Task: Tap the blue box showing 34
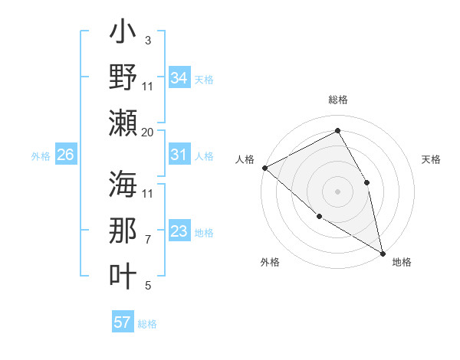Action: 179,77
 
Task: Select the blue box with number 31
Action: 179,155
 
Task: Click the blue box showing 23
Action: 179,232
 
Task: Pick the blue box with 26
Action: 65,155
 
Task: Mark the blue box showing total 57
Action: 123,322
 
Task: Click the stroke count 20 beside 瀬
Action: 148,132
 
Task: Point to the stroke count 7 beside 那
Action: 148,240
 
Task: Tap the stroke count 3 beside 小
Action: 147,41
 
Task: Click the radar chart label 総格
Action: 337,100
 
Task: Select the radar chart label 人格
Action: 245,159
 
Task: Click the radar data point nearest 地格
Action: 382,253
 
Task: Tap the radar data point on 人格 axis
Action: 264,168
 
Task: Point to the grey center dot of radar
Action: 337,191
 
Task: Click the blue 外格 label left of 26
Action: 40,156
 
